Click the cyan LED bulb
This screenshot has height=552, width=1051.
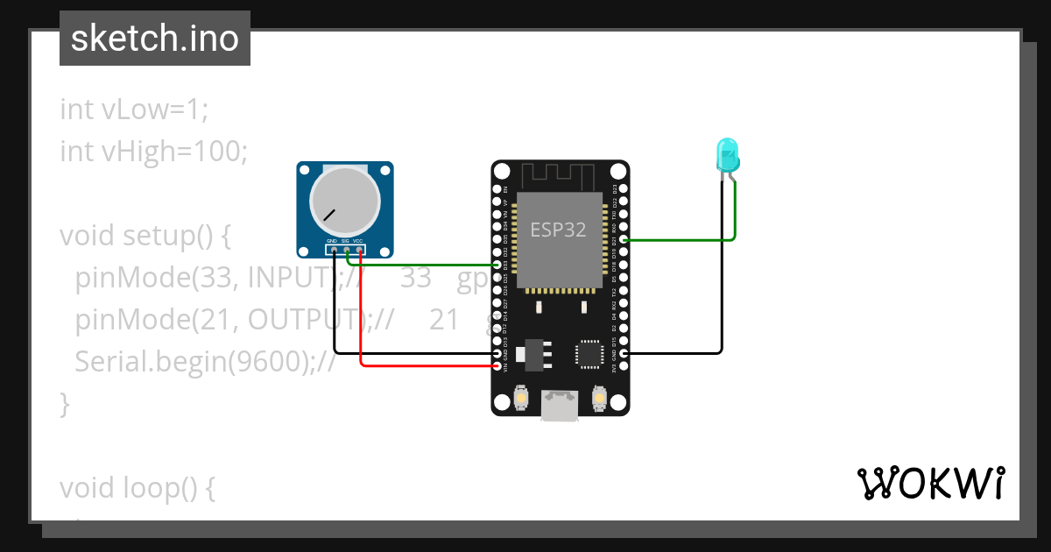point(728,155)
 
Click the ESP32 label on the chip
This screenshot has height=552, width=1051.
point(558,230)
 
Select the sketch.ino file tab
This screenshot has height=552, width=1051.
point(155,39)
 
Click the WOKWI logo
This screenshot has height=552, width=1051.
point(930,483)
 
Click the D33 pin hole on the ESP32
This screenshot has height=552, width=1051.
point(497,265)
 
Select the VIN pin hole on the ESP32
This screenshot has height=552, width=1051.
point(497,366)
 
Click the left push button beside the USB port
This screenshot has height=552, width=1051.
point(521,398)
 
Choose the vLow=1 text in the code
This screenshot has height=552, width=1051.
point(154,110)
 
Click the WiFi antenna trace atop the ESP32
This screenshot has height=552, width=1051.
point(560,176)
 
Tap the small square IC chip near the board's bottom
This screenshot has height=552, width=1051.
point(589,353)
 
